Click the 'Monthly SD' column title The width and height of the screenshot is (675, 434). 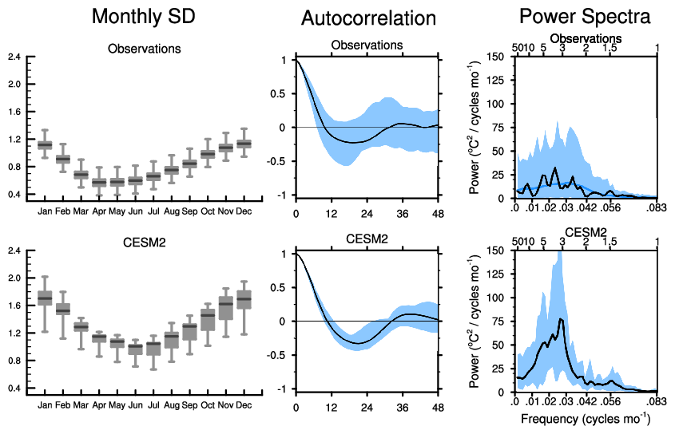144,16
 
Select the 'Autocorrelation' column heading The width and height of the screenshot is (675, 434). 368,18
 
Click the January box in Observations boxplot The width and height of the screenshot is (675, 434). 45,144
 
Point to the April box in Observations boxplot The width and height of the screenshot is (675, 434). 99,182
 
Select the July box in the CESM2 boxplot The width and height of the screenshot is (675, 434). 153,347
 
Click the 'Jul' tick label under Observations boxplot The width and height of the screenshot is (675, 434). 153,211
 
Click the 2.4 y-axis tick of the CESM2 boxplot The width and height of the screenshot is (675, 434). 14,251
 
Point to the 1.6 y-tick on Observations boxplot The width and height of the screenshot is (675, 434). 14,111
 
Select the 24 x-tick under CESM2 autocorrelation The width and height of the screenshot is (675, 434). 367,408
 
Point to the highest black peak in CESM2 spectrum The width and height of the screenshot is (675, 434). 562,319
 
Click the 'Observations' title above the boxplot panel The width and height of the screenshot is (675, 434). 144,49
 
